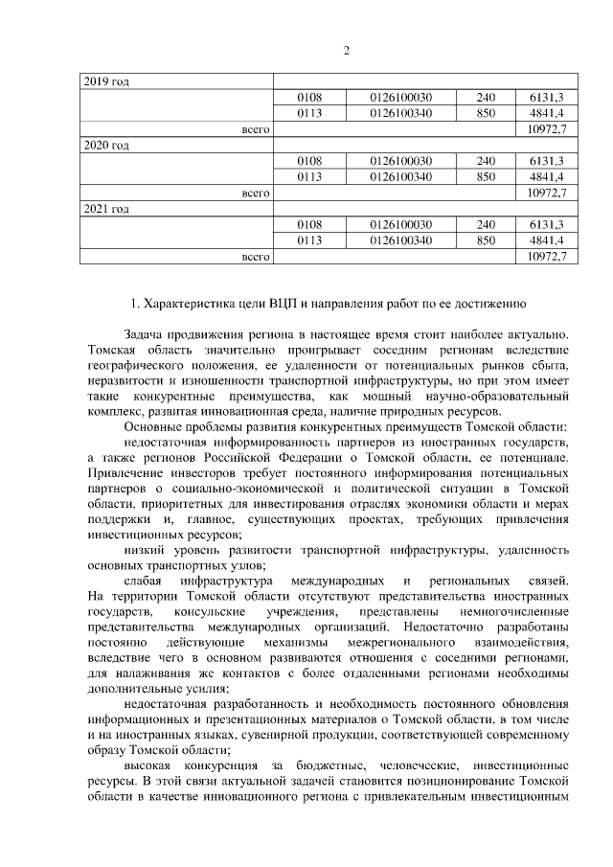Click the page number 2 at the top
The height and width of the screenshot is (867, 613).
click(306, 51)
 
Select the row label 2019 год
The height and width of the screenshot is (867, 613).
click(106, 81)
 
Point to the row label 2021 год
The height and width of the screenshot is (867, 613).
click(106, 209)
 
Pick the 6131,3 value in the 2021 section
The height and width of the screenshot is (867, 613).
click(545, 224)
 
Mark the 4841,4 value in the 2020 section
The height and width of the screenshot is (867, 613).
click(545, 176)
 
